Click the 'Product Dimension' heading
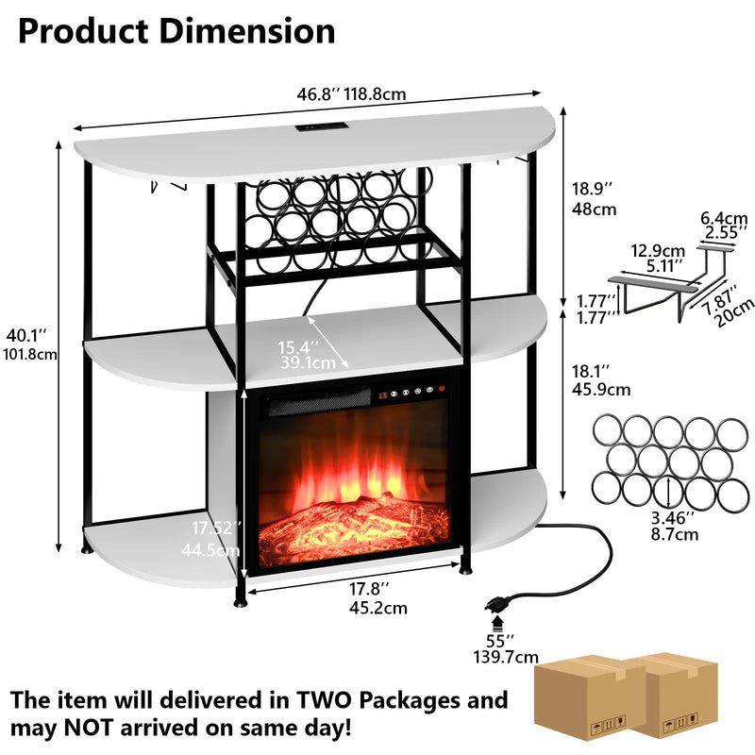(176, 31)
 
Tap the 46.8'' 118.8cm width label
(352, 93)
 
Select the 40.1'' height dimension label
(31, 345)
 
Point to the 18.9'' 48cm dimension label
(594, 199)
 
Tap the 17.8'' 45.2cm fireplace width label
(377, 597)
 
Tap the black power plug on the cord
(497, 603)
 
